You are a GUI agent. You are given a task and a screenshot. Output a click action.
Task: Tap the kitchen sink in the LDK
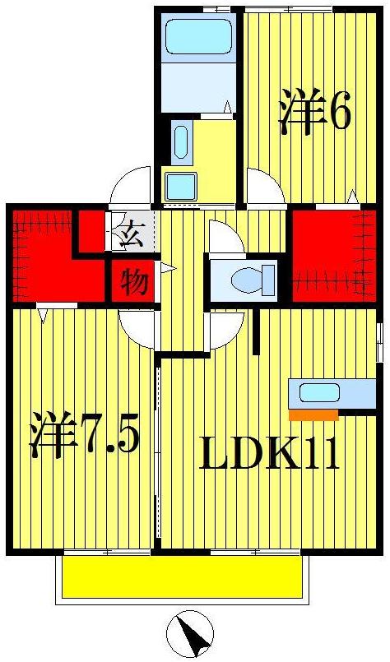tap(319, 393)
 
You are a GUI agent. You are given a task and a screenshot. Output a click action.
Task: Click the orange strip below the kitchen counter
tap(313, 415)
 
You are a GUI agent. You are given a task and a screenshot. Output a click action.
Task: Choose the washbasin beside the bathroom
tap(182, 141)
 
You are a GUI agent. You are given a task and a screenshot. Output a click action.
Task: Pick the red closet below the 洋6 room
tap(333, 255)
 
